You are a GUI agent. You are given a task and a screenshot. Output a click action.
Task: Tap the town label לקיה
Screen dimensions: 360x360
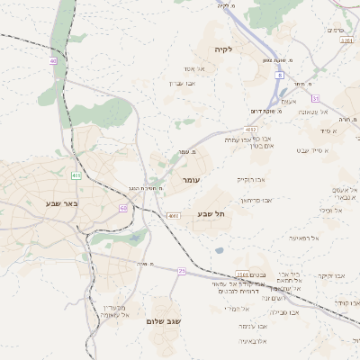pyautogui.click(x=223, y=49)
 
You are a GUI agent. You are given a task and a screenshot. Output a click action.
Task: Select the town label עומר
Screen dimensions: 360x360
pyautogui.click(x=191, y=181)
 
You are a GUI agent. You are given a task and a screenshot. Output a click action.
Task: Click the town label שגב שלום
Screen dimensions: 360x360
pyautogui.click(x=164, y=321)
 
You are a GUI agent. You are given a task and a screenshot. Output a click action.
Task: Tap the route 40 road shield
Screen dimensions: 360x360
pyautogui.click(x=53, y=60)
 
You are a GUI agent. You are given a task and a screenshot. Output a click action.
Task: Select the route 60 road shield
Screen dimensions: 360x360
pyautogui.click(x=122, y=208)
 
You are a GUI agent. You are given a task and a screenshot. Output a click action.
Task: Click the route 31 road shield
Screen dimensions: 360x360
pyautogui.click(x=315, y=96)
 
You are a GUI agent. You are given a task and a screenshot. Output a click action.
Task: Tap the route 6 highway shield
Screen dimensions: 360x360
pyautogui.click(x=280, y=76)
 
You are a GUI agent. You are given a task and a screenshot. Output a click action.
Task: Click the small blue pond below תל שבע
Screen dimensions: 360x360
pyautogui.click(x=219, y=250)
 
